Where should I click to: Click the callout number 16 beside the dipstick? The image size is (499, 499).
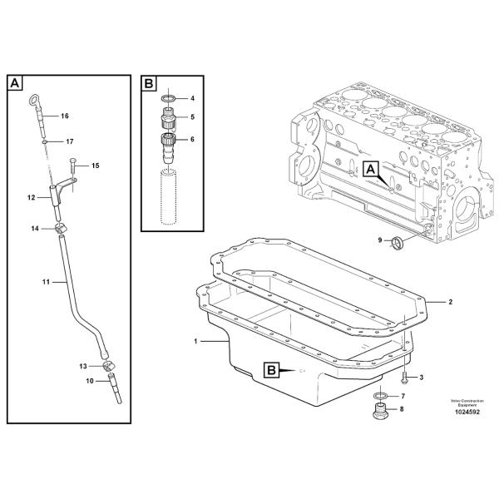[x=64, y=116]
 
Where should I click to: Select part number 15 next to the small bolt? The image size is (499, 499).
[x=95, y=166]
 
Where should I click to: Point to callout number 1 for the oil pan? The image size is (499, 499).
[x=196, y=342]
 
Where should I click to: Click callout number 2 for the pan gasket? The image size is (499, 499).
[x=450, y=301]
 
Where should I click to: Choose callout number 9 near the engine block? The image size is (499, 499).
[x=380, y=241]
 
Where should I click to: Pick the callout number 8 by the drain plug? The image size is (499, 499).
[x=403, y=409]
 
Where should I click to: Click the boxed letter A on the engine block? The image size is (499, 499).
[x=371, y=170]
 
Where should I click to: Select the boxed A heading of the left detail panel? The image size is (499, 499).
[x=16, y=83]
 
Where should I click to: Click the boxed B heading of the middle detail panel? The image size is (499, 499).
[x=149, y=83]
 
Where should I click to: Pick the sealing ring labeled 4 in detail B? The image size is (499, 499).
[x=169, y=99]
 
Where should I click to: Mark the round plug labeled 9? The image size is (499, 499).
[x=397, y=242]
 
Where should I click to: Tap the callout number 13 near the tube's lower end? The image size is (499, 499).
[x=83, y=366]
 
